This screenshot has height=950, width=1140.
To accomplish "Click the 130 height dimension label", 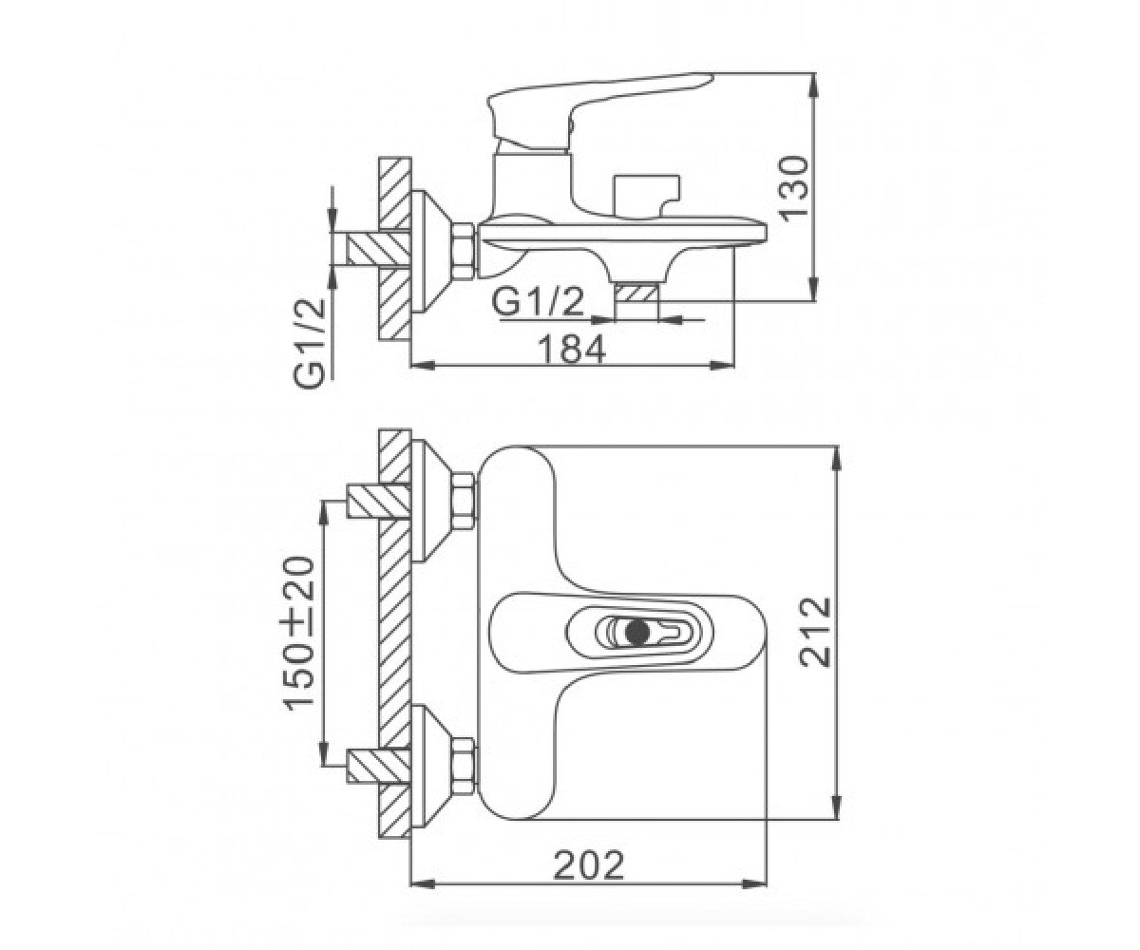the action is coord(795,187).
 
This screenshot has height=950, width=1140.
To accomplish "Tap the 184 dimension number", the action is coord(572,349).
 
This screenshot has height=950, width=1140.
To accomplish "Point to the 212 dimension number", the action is coord(814,633).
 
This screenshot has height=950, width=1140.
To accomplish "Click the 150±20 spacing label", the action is coord(299,638).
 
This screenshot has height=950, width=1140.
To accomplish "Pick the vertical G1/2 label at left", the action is coord(309,343).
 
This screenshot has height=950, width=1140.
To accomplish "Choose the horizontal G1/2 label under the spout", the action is coord(539,302).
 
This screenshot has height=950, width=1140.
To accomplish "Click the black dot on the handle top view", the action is coord(636,632).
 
